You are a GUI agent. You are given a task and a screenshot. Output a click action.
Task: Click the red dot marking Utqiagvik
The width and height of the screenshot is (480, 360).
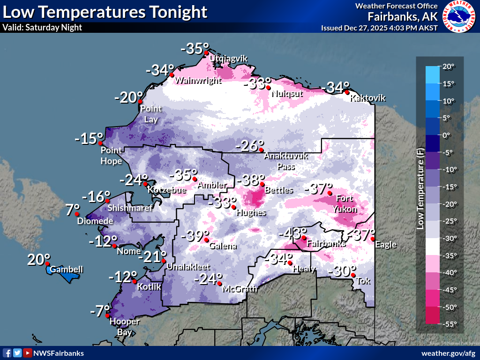[x=206, y=53]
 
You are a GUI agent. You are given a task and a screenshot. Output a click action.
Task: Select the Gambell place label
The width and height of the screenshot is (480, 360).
[x=67, y=270]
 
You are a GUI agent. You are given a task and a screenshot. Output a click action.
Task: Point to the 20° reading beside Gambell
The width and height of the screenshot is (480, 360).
[x=39, y=259]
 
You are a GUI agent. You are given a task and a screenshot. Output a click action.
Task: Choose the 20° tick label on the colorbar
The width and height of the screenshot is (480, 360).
[x=448, y=67]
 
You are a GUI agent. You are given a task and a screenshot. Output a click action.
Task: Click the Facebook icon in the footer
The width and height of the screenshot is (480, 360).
[x=7, y=353]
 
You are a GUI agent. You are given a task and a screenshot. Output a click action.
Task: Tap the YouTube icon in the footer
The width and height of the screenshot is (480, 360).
[x=28, y=353]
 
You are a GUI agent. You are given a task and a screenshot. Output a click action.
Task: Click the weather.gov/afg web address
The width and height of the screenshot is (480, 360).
[x=448, y=353]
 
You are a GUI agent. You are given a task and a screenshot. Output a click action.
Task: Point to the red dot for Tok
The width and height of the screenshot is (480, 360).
[x=353, y=275]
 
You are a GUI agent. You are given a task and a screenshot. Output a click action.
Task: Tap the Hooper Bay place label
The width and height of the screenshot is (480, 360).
[x=124, y=325]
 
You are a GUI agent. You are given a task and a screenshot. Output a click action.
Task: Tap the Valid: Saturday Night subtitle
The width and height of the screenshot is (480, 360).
[x=42, y=27]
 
